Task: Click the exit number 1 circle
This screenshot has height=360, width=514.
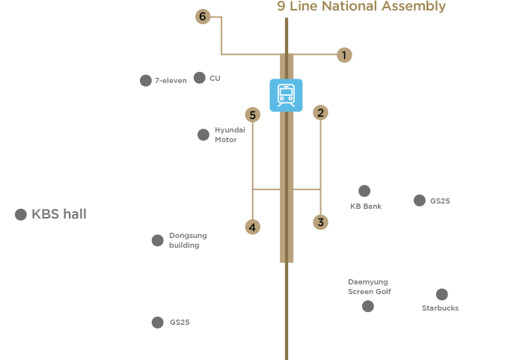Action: [x=344, y=55]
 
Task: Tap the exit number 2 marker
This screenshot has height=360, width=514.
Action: [x=320, y=114]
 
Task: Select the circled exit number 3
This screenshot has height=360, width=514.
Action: [x=320, y=222]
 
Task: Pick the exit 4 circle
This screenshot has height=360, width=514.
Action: [x=253, y=227]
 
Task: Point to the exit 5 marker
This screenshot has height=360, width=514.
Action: [x=253, y=115]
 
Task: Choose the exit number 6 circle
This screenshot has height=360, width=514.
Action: [x=201, y=16]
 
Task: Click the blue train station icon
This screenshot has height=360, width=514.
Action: [x=286, y=95]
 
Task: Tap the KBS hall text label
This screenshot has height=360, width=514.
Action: [x=59, y=215]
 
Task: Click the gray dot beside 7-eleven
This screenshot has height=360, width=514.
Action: [x=145, y=80]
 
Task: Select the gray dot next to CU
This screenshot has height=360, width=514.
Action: [x=199, y=77]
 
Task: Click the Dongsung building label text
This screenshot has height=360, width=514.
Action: [x=187, y=240]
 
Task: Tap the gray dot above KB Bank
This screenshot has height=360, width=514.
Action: [x=364, y=191]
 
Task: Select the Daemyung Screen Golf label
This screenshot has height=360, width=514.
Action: [x=369, y=287]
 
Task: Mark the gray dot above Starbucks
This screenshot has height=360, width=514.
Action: [x=441, y=294]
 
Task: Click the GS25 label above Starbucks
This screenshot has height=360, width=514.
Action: [x=440, y=201]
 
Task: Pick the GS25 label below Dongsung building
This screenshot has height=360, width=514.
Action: [x=180, y=323]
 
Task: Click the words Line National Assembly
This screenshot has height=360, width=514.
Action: [x=367, y=7]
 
